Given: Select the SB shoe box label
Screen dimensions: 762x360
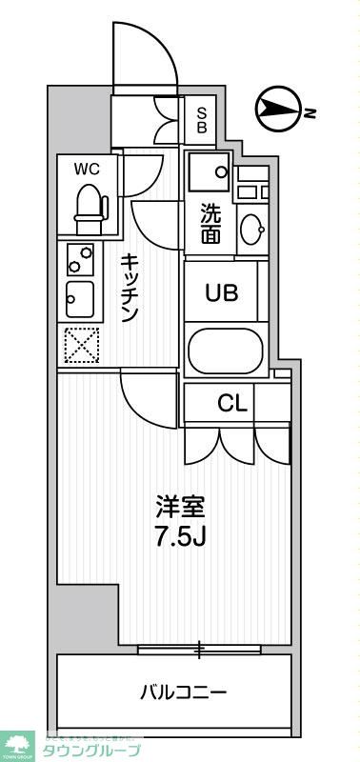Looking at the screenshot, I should (202, 118).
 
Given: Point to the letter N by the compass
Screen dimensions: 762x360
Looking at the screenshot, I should (310, 114).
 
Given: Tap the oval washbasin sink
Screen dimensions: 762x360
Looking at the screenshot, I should (252, 229).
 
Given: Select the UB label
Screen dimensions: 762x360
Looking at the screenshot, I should (222, 292).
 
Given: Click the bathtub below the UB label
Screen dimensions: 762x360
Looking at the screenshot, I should (225, 352).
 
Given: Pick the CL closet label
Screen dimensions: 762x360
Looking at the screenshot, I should (232, 403).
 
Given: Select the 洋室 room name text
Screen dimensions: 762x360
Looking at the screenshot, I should (180, 505).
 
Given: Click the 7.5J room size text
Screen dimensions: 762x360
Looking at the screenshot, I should (181, 535).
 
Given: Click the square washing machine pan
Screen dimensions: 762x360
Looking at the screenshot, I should (208, 171).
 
